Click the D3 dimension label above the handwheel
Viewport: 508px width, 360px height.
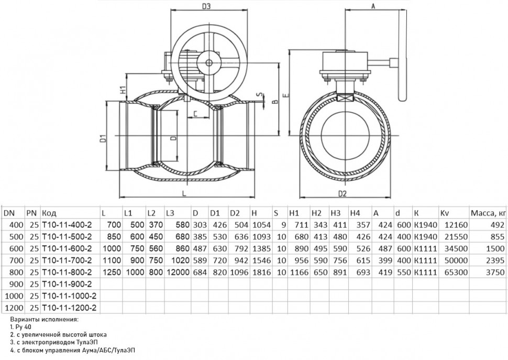click(x=206, y=6)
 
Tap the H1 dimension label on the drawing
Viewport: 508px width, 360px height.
click(x=123, y=90)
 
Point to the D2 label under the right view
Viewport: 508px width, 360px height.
click(x=342, y=193)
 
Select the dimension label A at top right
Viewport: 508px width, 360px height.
click(x=373, y=6)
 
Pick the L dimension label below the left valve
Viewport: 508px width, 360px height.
click(x=184, y=193)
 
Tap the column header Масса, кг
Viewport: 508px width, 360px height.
click(x=488, y=213)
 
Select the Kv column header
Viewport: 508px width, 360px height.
click(x=445, y=213)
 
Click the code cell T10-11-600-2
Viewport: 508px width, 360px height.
click(x=67, y=248)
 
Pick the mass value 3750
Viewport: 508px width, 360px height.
click(x=495, y=272)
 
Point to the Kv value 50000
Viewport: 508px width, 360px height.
click(x=456, y=260)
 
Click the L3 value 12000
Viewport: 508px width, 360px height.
click(x=178, y=272)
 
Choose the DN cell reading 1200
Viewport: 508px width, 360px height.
click(x=14, y=308)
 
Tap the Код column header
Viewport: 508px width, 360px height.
click(x=49, y=213)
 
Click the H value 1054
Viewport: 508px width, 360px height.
click(x=261, y=225)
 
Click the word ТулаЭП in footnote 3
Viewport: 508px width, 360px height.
click(x=87, y=342)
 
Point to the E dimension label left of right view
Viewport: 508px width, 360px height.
click(x=285, y=95)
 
